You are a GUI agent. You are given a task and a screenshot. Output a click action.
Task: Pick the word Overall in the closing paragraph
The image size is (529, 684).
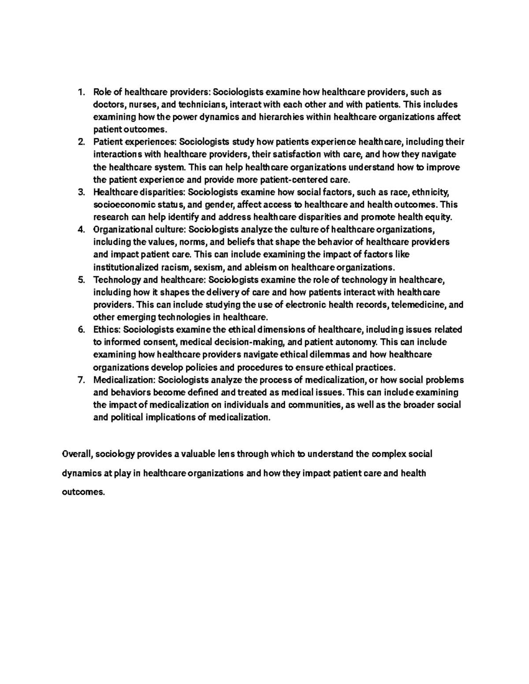(x=77, y=454)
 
